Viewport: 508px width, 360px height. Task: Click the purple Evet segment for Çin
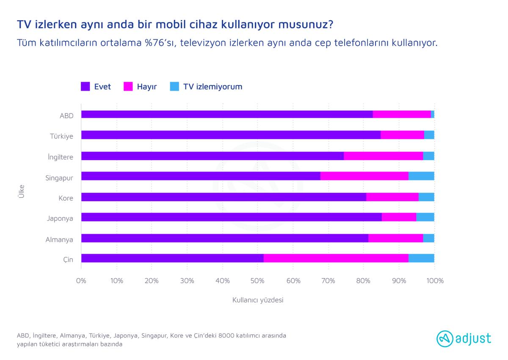point(172,258)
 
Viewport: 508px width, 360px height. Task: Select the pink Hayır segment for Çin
point(336,258)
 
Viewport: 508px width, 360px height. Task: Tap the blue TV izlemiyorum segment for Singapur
point(421,176)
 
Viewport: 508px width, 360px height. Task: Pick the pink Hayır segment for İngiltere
point(383,156)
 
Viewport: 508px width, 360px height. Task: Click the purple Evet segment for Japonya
point(231,217)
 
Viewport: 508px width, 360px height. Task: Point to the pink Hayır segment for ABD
point(402,114)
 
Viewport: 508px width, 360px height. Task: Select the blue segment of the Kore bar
point(426,197)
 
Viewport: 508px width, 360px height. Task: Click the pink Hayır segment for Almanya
point(395,238)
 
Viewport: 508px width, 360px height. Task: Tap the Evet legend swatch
point(85,86)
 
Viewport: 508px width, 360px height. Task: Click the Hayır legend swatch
point(128,86)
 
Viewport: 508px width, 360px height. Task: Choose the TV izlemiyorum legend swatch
point(174,86)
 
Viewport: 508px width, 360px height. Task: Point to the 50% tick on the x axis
point(258,280)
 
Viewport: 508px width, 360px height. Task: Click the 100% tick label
point(435,280)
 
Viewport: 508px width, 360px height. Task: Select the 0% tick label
point(81,280)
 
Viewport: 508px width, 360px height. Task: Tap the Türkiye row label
point(61,136)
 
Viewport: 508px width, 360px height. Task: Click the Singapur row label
point(59,177)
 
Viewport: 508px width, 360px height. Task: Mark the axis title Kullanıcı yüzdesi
point(257,300)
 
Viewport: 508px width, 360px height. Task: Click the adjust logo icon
point(444,338)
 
